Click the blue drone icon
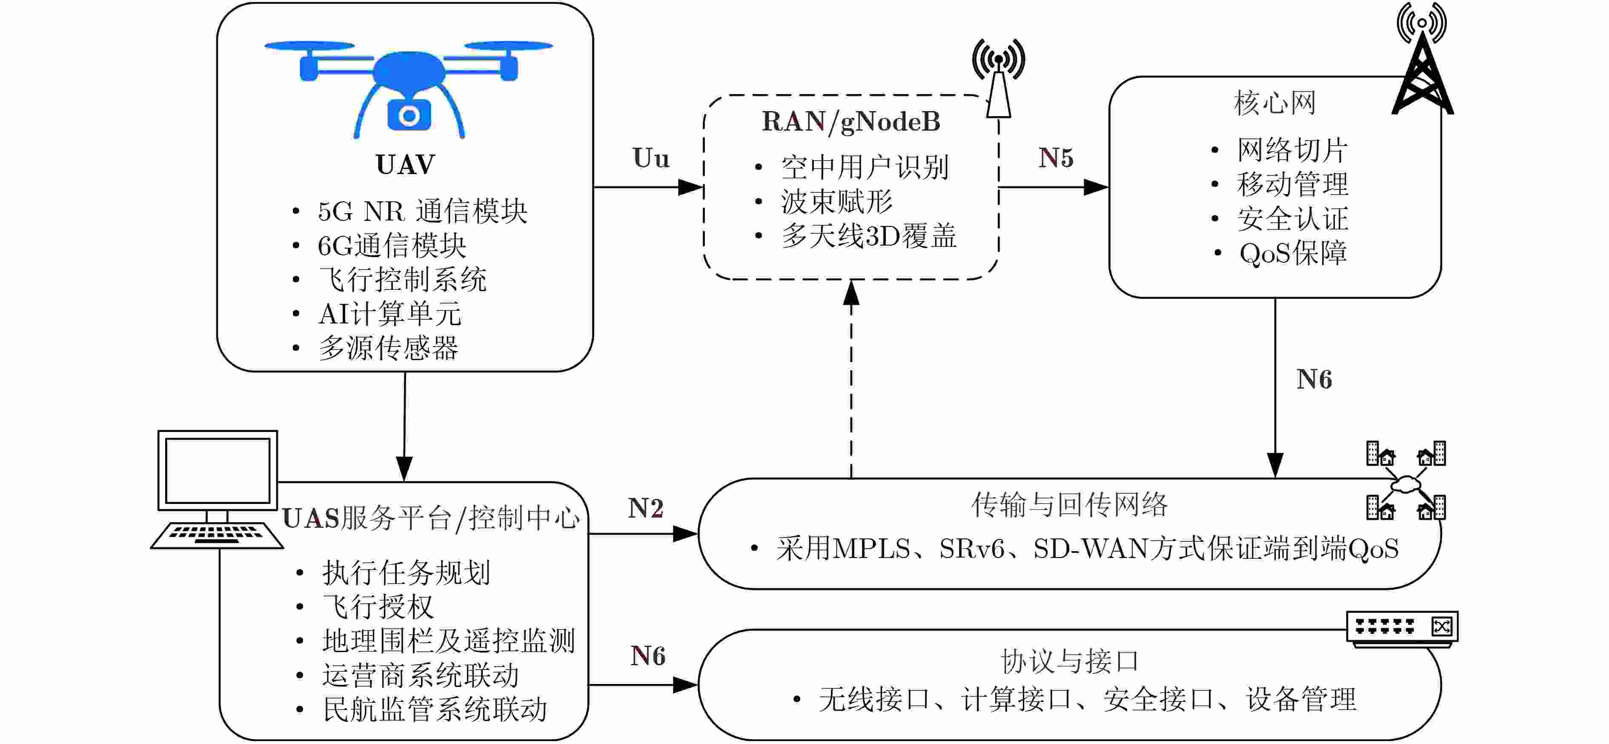(409, 81)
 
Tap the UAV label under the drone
(405, 165)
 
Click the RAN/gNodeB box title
(851, 122)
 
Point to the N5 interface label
(1056, 158)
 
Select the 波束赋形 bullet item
(836, 202)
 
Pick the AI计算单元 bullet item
(390, 314)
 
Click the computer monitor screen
(218, 470)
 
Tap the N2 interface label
(645, 509)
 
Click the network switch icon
(1402, 628)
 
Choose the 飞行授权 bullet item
(378, 607)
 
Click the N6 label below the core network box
(1314, 380)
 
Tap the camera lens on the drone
(409, 116)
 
